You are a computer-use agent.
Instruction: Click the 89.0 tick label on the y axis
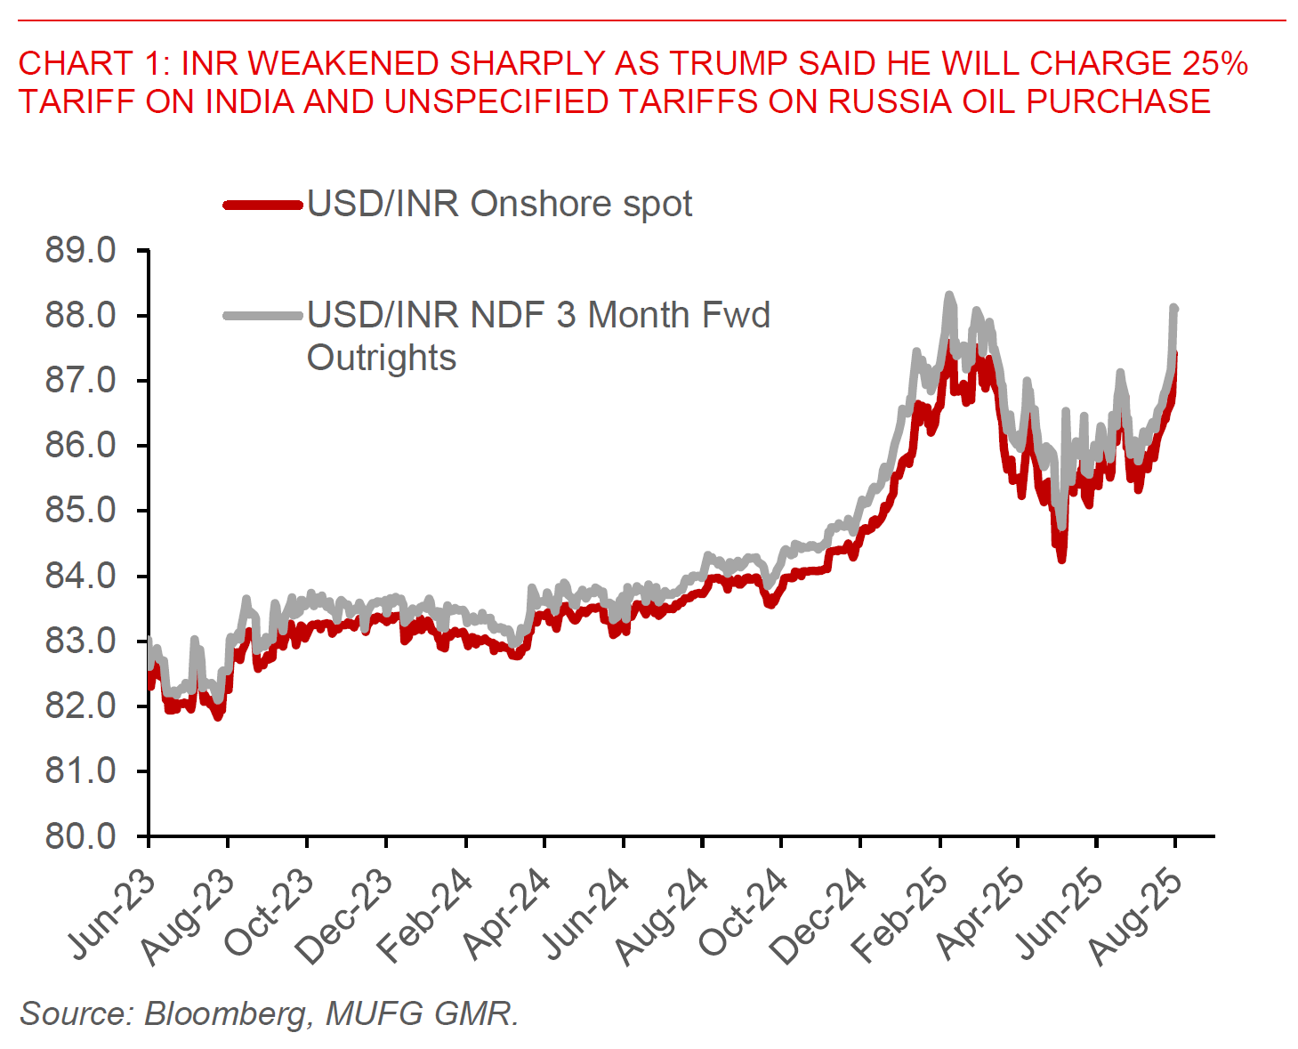point(80,251)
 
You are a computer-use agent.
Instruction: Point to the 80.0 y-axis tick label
point(80,836)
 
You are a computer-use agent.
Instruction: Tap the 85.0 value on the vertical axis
point(80,511)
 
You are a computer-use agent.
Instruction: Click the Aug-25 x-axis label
point(1138,916)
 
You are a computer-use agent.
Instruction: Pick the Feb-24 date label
point(426,916)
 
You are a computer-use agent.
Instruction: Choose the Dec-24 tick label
point(820,916)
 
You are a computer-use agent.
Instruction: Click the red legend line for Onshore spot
point(263,205)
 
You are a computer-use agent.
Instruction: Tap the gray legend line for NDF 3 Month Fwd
point(263,315)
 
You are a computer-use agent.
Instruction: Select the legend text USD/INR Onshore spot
point(499,205)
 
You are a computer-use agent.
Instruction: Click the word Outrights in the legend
point(381,358)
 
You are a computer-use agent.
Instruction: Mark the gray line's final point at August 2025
point(1174,309)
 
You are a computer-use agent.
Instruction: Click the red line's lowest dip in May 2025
point(1061,559)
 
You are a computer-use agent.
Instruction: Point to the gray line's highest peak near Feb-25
point(949,295)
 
